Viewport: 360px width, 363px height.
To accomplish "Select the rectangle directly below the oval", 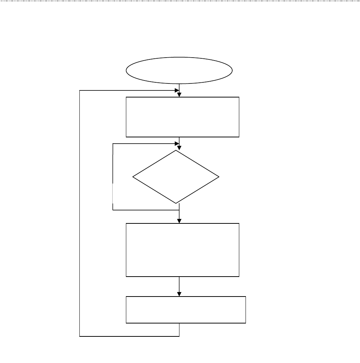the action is point(182,117).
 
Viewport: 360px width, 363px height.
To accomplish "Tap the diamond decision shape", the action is point(176,177).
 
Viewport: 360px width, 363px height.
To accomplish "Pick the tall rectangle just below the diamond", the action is point(182,250).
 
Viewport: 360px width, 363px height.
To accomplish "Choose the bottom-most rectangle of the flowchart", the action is point(186,310).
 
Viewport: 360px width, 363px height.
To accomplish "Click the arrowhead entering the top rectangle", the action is point(179,95).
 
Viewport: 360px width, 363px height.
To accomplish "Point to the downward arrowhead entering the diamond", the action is point(179,147).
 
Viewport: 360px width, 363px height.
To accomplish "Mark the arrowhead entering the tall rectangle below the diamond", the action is point(179,220).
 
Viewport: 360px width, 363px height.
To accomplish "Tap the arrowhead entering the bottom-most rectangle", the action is point(179,294).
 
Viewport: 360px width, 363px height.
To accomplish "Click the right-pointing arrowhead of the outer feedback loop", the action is point(176,90).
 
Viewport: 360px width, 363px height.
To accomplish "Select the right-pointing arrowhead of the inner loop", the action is point(176,144).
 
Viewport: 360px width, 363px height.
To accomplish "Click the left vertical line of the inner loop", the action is point(113,177).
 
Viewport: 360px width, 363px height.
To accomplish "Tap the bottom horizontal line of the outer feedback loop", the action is point(129,336).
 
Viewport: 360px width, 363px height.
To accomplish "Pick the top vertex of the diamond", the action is point(176,150).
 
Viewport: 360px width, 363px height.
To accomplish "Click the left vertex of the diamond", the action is point(133,177).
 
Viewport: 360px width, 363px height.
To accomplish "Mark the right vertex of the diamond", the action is point(219,177).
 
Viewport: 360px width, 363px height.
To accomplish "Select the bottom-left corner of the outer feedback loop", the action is point(80,336).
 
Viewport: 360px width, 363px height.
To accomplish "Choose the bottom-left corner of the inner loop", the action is point(113,210).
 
